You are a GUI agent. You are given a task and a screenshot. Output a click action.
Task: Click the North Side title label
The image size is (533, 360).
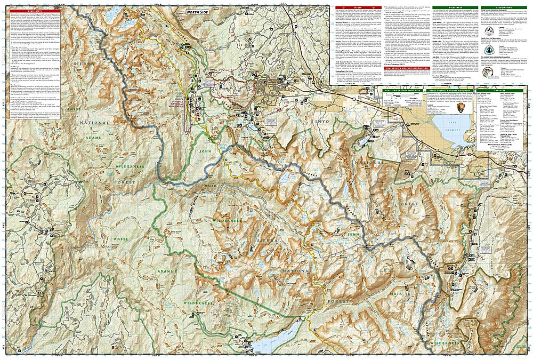tap(197, 11)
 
